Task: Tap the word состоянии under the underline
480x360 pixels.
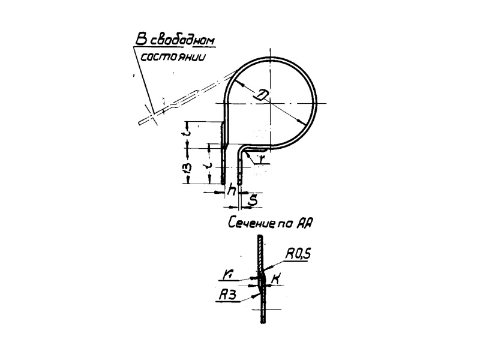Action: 169,58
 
